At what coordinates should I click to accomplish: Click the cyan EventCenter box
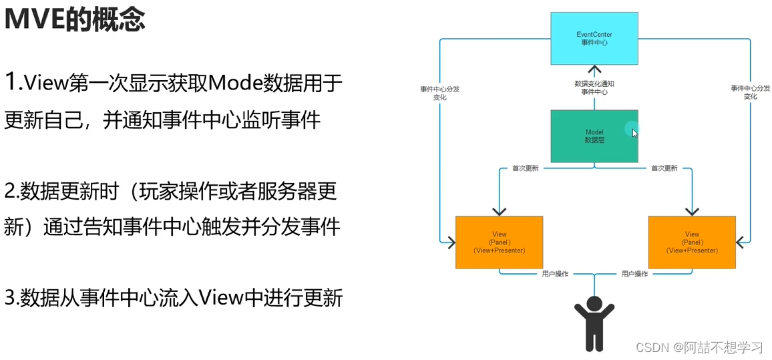pos(594,38)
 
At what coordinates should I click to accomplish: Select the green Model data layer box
pos(594,136)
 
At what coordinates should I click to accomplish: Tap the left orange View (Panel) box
pos(499,242)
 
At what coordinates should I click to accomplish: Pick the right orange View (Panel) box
pos(692,242)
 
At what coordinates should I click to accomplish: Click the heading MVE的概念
pos(75,20)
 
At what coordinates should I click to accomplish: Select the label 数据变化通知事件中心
pos(594,88)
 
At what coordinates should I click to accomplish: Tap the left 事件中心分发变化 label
pos(439,93)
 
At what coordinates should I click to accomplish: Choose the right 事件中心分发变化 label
pos(750,93)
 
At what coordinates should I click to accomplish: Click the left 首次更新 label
pos(525,168)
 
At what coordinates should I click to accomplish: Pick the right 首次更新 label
pos(664,168)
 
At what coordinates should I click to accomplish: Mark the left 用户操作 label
pos(555,274)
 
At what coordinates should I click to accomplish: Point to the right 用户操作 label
pos(634,274)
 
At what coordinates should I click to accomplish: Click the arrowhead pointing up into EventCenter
pos(594,69)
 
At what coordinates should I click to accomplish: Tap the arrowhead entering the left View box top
pos(499,212)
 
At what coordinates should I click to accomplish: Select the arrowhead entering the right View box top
pos(692,212)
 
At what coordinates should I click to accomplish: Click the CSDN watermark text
pos(699,347)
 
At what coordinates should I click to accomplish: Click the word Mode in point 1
pos(233,83)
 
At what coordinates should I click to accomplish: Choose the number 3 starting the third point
pos(10,298)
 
